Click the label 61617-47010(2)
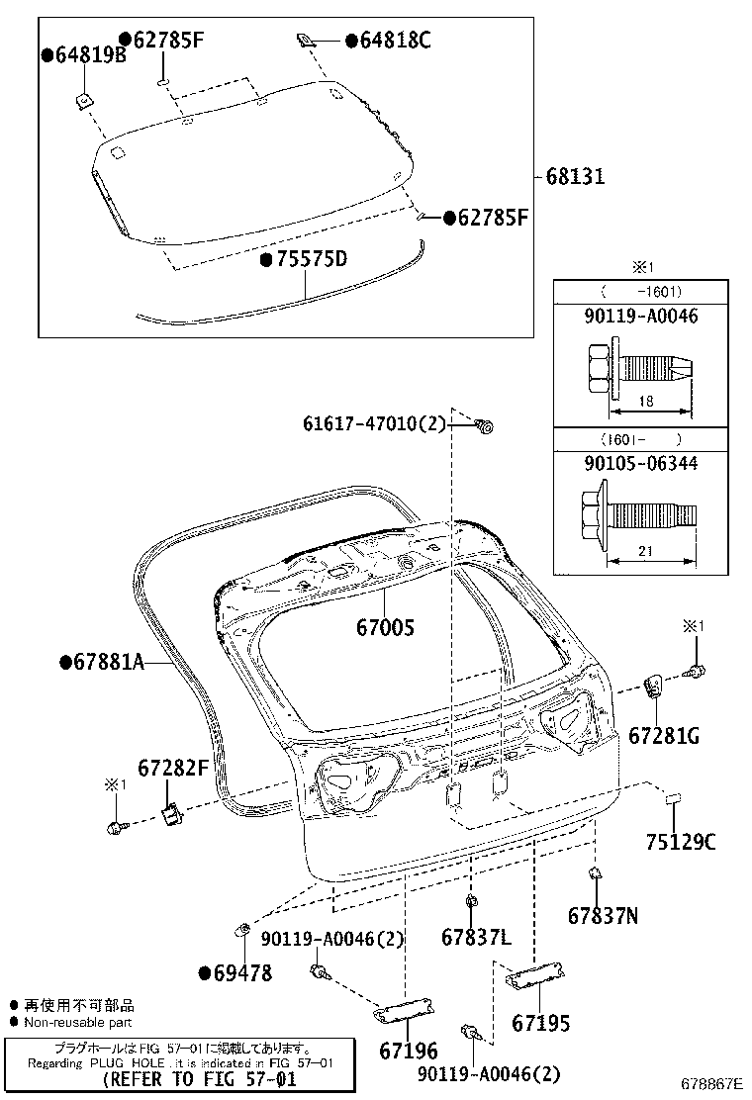pos(375,424)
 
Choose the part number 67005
pos(385,627)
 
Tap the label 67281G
pos(664,735)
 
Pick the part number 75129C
pos(680,842)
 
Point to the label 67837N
pos(603,916)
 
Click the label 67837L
pos(476,936)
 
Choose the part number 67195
pos(540,1023)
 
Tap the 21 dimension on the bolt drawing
pos(645,550)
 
